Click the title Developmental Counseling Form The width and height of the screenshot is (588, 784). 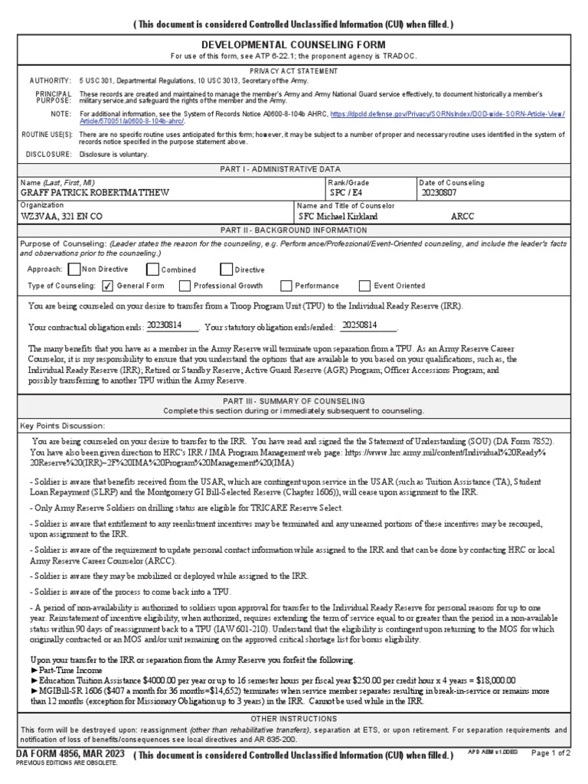click(293, 45)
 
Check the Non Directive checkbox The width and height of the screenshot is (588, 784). click(73, 269)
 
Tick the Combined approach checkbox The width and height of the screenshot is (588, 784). click(152, 269)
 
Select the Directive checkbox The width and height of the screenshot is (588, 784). click(226, 269)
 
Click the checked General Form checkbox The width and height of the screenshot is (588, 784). click(107, 286)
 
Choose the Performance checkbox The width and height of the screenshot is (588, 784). click(286, 286)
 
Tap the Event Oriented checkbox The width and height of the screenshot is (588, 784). click(364, 286)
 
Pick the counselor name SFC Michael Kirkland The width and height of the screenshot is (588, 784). click(338, 217)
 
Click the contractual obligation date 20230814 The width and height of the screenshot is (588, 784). click(164, 325)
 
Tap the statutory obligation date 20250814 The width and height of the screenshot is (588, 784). click(359, 325)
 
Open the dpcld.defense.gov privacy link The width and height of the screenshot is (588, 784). click(447, 113)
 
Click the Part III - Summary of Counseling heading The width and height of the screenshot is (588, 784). click(293, 400)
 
